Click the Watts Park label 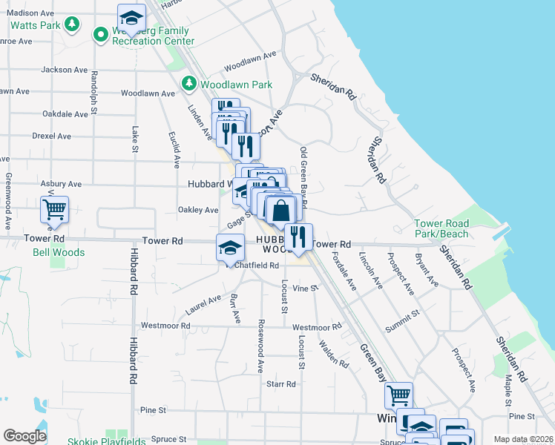36,25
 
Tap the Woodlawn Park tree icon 189,83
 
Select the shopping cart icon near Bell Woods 55,211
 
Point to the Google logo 24,436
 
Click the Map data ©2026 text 524,439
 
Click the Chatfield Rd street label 257,266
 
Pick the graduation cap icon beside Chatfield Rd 230,247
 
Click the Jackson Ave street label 65,70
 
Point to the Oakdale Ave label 65,114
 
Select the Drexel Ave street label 52,136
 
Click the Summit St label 402,322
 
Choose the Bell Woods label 59,252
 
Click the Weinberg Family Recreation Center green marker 100,34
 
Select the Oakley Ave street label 198,210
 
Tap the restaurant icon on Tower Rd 298,237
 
